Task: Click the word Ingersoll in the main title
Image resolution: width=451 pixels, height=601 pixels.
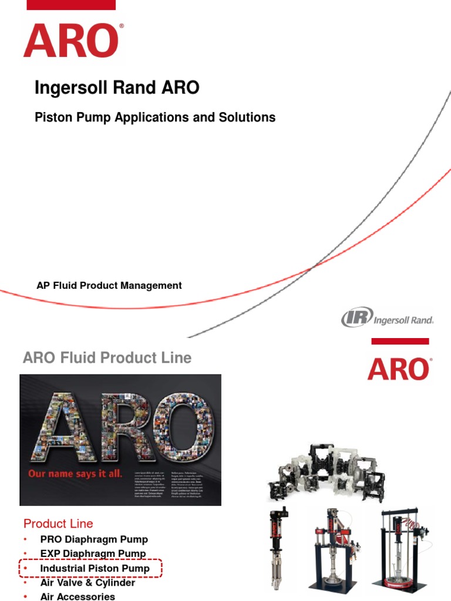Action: click(x=65, y=88)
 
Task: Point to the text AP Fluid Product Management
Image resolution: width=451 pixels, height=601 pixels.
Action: click(x=109, y=286)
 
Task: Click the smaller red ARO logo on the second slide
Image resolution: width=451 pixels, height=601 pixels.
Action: click(x=399, y=369)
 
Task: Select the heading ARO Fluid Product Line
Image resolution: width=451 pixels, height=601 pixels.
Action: click(x=107, y=358)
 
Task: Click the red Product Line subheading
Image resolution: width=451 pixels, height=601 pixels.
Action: click(x=58, y=524)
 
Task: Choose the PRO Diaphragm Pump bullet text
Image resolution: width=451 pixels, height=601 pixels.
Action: click(x=94, y=539)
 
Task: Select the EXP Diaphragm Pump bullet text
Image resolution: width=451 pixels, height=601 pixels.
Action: click(x=93, y=554)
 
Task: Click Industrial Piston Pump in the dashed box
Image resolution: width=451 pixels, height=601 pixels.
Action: click(x=95, y=569)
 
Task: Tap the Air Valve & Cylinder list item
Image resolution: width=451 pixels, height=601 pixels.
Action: click(x=87, y=583)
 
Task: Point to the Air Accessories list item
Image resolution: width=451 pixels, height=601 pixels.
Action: click(x=78, y=596)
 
